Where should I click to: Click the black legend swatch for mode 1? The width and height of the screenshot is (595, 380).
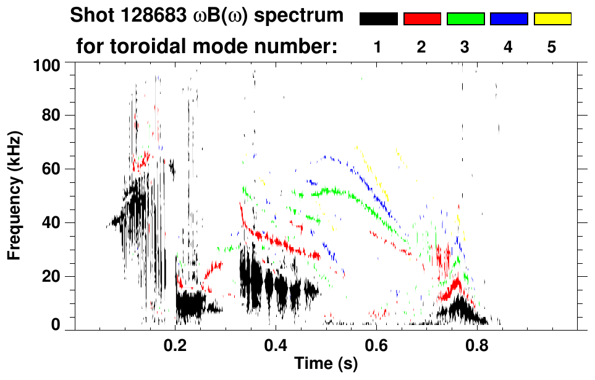tap(378, 19)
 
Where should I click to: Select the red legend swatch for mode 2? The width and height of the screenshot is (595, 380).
tap(422, 19)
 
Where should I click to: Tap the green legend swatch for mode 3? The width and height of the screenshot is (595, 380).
tap(465, 19)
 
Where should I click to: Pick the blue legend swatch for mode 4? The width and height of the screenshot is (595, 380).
tap(508, 19)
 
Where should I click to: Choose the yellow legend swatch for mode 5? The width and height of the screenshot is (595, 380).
tap(552, 19)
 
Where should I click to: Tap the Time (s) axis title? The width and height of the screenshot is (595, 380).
tap(326, 365)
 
